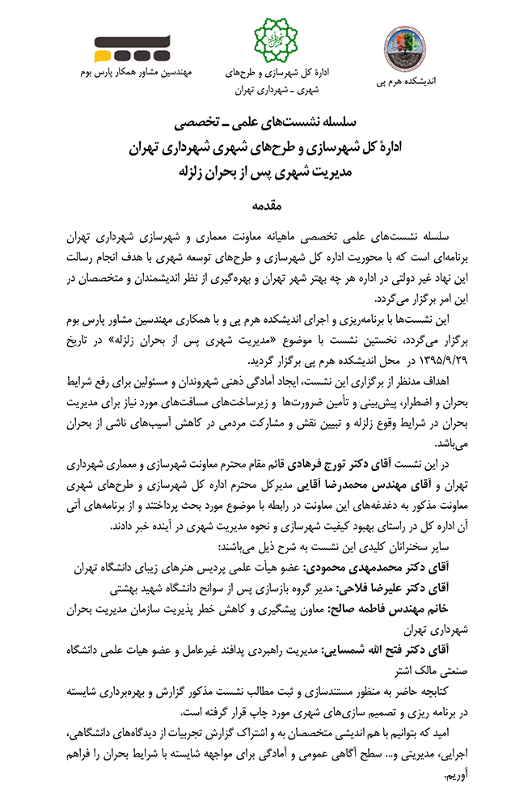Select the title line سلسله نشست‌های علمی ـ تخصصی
[x=267, y=124]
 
